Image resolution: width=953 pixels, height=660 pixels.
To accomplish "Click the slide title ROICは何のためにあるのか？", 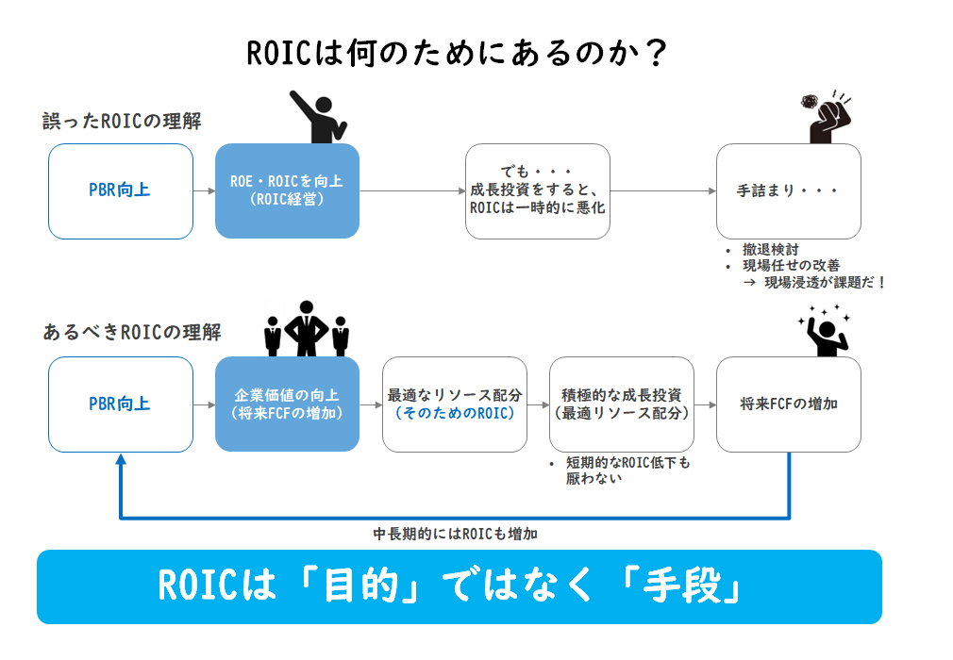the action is pyautogui.click(x=457, y=53).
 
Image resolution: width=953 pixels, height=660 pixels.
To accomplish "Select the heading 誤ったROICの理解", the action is pyautogui.click(x=122, y=121).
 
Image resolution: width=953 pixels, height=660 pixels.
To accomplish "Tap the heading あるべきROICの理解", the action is pyautogui.click(x=132, y=332).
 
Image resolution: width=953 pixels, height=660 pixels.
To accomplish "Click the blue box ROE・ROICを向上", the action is pyautogui.click(x=287, y=190).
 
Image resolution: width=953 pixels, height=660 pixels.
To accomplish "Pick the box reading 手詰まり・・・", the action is pyautogui.click(x=788, y=191).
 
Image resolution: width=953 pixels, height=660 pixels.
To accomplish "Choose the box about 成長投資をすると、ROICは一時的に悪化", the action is pyautogui.click(x=537, y=191).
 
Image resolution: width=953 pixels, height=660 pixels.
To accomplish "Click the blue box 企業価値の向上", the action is pyautogui.click(x=287, y=404).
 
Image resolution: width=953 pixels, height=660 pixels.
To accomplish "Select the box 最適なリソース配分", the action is pyautogui.click(x=455, y=404).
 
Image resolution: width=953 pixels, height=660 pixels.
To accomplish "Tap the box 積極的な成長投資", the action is pyautogui.click(x=621, y=404).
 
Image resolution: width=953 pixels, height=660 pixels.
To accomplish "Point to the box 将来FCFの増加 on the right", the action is pyautogui.click(x=788, y=404).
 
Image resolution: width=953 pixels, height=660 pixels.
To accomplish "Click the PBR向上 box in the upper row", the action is pyautogui.click(x=121, y=191).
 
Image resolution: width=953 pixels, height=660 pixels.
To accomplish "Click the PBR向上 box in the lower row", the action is pyautogui.click(x=121, y=404).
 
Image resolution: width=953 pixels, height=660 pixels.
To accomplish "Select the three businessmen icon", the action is pyautogui.click(x=307, y=328).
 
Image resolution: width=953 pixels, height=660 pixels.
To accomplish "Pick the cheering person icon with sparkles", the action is pyautogui.click(x=826, y=332).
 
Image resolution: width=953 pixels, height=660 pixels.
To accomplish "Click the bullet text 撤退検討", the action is pyautogui.click(x=770, y=250).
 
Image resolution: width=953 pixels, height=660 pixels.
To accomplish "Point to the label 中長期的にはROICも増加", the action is pyautogui.click(x=455, y=534).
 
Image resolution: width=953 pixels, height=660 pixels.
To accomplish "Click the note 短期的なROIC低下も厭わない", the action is pyautogui.click(x=627, y=470).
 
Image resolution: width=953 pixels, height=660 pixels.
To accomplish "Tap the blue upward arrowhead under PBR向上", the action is pyautogui.click(x=121, y=459).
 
